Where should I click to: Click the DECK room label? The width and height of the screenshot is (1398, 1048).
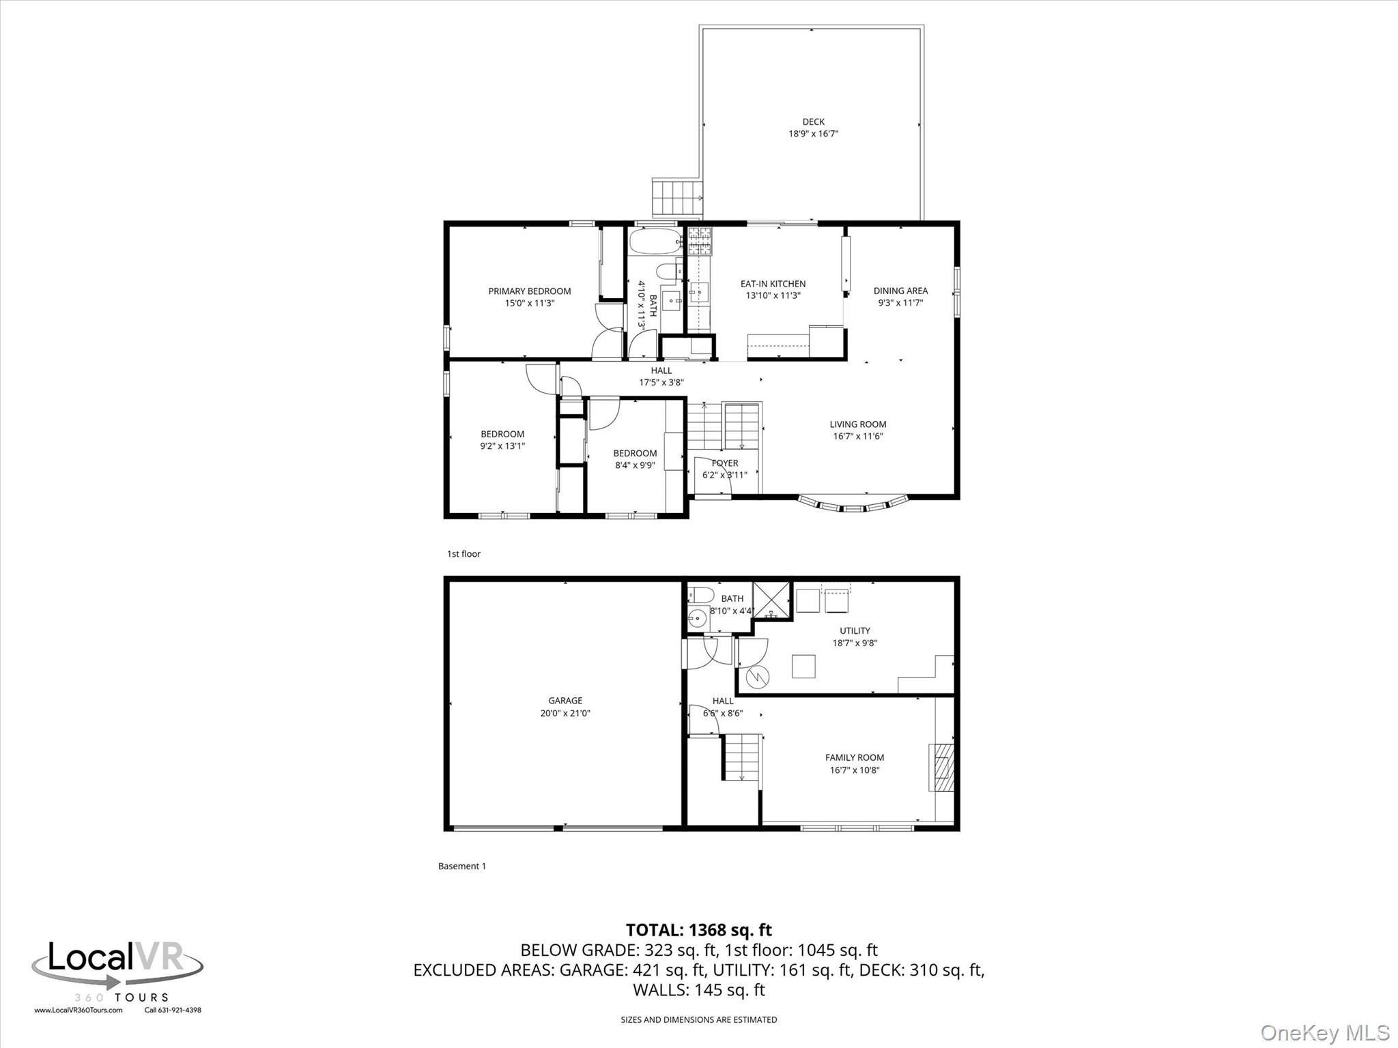(x=813, y=122)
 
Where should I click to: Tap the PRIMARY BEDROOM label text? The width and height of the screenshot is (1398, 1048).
(x=529, y=291)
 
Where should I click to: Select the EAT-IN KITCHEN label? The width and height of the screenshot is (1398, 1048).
(x=773, y=284)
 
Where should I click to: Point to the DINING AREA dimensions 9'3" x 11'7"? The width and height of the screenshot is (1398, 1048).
(x=900, y=303)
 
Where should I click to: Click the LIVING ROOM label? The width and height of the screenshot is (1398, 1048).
(x=857, y=424)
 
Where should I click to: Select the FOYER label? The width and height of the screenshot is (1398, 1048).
(x=724, y=463)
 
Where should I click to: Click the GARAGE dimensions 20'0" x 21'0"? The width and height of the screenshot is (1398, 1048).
(x=565, y=713)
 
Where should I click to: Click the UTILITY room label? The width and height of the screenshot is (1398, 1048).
(x=855, y=631)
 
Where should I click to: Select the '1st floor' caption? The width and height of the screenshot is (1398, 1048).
(x=463, y=554)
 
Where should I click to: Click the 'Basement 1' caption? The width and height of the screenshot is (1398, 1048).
(x=461, y=867)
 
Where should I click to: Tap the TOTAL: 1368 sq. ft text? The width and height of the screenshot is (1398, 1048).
(x=698, y=930)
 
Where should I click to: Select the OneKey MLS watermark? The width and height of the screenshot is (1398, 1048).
(x=1324, y=1032)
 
